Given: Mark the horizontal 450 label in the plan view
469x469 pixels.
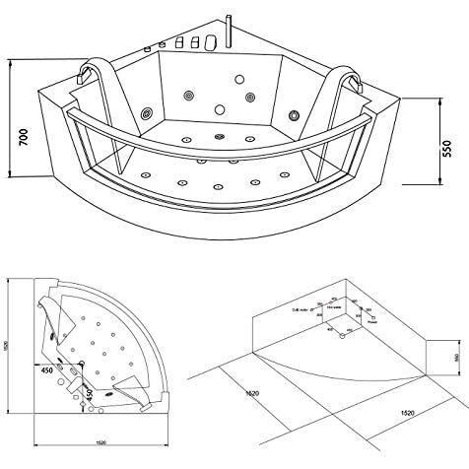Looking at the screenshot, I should pyautogui.click(x=47, y=372).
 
